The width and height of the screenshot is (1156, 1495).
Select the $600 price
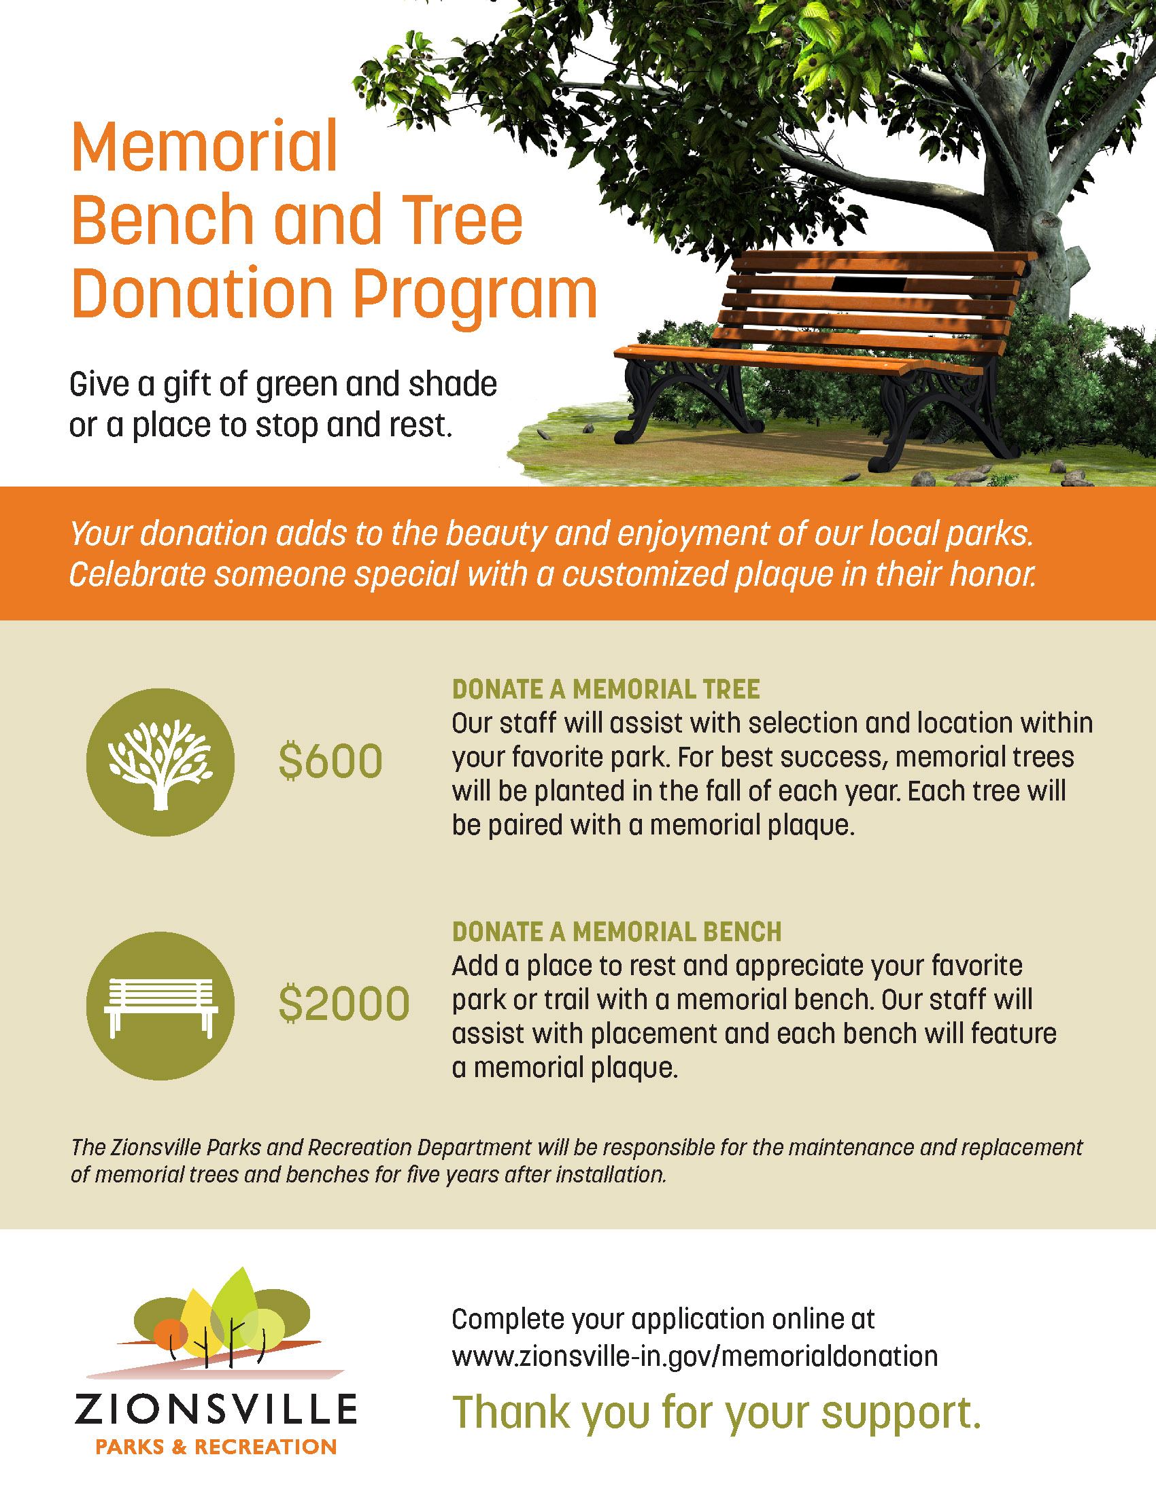tap(330, 762)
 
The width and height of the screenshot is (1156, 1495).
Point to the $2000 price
tap(344, 1004)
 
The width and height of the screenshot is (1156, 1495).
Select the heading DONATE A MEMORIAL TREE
tap(605, 689)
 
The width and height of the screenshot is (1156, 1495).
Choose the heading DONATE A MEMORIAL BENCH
tap(616, 931)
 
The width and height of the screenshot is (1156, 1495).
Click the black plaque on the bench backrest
tap(868, 283)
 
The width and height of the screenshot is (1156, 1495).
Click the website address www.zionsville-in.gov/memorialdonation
tap(694, 1356)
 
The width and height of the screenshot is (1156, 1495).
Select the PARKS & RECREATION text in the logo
tap(215, 1446)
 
